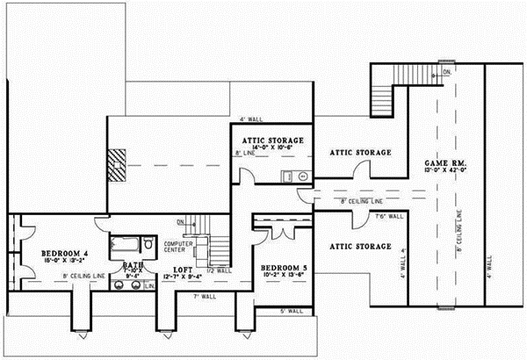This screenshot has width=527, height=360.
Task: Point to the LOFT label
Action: point(182,270)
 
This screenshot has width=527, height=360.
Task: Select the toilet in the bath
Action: point(149,242)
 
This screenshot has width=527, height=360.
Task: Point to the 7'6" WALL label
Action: point(388,216)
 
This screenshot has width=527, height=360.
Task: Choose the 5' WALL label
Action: point(291,312)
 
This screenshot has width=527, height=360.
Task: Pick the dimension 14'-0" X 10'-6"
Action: point(273,148)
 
